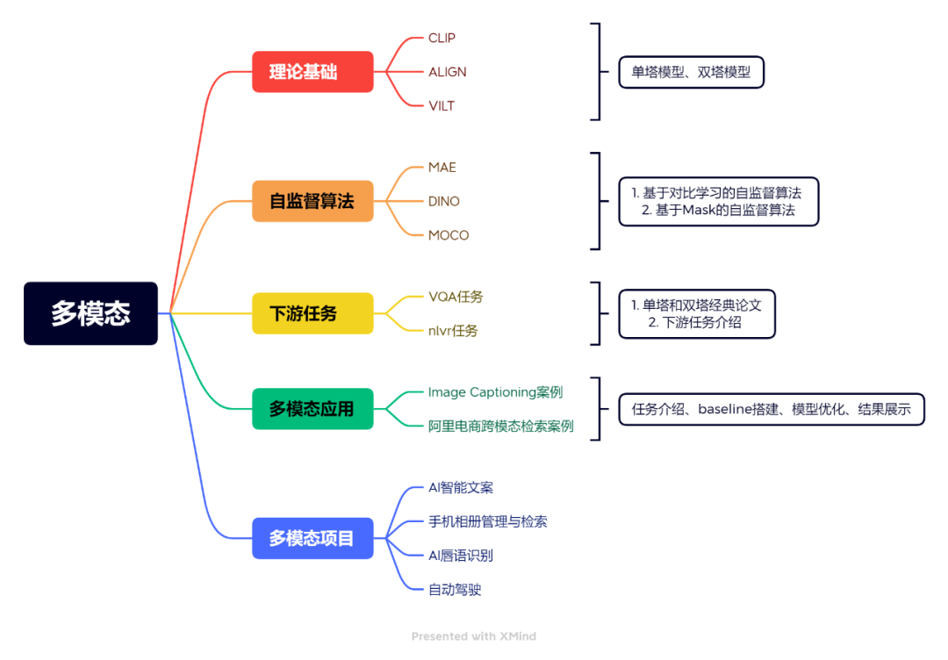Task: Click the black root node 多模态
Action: click(90, 313)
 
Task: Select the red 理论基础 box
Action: click(312, 72)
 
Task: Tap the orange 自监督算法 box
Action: click(312, 201)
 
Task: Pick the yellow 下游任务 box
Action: click(312, 313)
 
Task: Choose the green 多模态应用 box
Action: click(312, 408)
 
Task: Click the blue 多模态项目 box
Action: click(312, 538)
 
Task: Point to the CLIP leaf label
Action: click(442, 38)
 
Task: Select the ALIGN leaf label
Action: click(447, 72)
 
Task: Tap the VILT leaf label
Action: click(442, 106)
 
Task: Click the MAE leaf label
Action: click(442, 167)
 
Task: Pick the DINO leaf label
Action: click(443, 201)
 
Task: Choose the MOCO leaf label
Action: click(449, 235)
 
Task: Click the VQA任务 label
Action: click(456, 297)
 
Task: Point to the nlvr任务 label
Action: click(453, 331)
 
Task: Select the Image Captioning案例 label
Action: click(495, 391)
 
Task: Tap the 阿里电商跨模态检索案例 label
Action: click(500, 426)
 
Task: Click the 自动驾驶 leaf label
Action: click(455, 590)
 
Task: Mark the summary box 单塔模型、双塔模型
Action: click(691, 72)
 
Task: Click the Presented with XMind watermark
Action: click(473, 636)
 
